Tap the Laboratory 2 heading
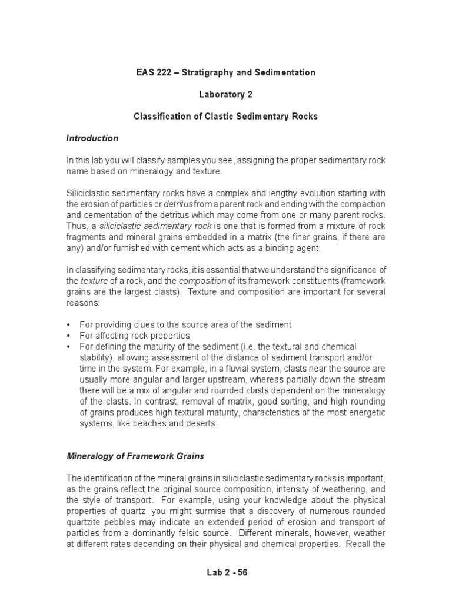[x=225, y=94]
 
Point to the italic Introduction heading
[x=92, y=138]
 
